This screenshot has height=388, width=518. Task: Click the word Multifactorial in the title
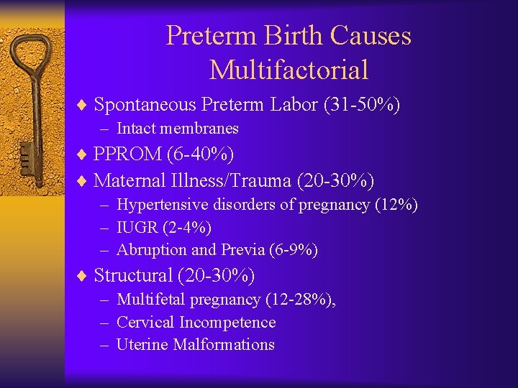288,70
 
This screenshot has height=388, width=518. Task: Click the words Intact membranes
177,129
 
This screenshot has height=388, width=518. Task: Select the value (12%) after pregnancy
396,205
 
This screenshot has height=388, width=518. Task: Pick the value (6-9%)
293,250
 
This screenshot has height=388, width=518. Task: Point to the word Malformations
225,345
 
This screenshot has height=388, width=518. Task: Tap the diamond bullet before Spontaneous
83,106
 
